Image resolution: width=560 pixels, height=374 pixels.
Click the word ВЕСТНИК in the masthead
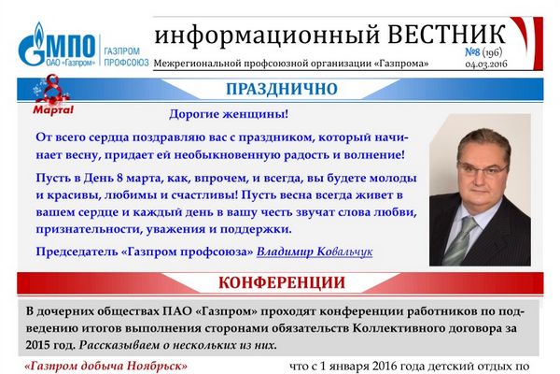446,35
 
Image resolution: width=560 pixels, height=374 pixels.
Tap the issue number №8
472,52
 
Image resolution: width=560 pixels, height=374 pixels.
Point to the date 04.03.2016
486,65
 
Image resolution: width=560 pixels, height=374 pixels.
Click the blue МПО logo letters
71,46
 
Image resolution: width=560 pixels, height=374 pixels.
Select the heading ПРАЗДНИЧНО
282,89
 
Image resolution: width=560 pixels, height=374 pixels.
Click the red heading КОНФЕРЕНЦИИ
282,282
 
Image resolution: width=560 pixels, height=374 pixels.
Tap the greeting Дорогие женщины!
229,114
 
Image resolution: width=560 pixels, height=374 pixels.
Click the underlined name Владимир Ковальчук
315,252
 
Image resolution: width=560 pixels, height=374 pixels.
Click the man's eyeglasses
483,168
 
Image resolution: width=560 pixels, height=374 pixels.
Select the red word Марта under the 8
53,109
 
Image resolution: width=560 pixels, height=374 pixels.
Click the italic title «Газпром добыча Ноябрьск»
106,367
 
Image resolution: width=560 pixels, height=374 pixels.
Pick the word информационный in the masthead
267,36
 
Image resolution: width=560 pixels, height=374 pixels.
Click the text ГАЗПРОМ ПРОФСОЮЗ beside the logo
126,57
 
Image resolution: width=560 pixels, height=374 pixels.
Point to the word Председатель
77,252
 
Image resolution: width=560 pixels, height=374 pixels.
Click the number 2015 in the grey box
38,345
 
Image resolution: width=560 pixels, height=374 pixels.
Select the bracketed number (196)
493,52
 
